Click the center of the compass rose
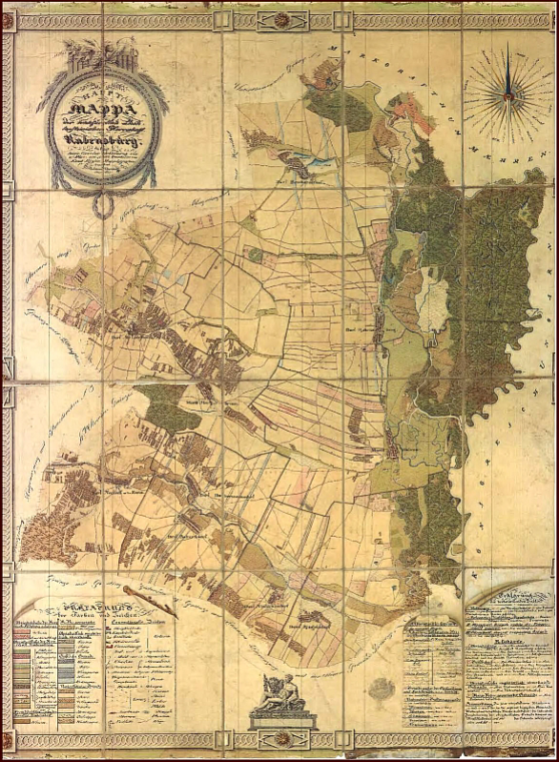508,93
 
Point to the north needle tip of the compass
508,53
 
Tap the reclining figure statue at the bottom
283,694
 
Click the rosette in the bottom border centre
283,743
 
